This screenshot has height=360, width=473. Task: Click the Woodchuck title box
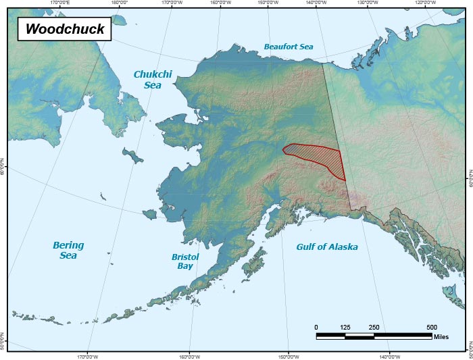point(64,30)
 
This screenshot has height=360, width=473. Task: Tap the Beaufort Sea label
point(289,47)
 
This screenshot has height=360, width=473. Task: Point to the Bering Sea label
point(68,250)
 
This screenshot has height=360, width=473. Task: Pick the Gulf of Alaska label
point(327,247)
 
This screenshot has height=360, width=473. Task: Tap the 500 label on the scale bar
point(432,328)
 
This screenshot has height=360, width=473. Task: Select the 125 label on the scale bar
point(345,328)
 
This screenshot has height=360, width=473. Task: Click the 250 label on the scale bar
point(374,328)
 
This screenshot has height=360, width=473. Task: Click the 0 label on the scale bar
point(316,328)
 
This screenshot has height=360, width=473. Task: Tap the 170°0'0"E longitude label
point(60,3)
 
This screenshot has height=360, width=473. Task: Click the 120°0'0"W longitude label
point(425,3)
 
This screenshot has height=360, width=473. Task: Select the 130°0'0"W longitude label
point(367,3)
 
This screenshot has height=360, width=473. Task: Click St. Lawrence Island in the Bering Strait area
point(133,156)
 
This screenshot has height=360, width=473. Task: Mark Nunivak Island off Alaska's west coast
point(149,214)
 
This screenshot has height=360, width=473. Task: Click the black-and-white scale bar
point(374,336)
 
